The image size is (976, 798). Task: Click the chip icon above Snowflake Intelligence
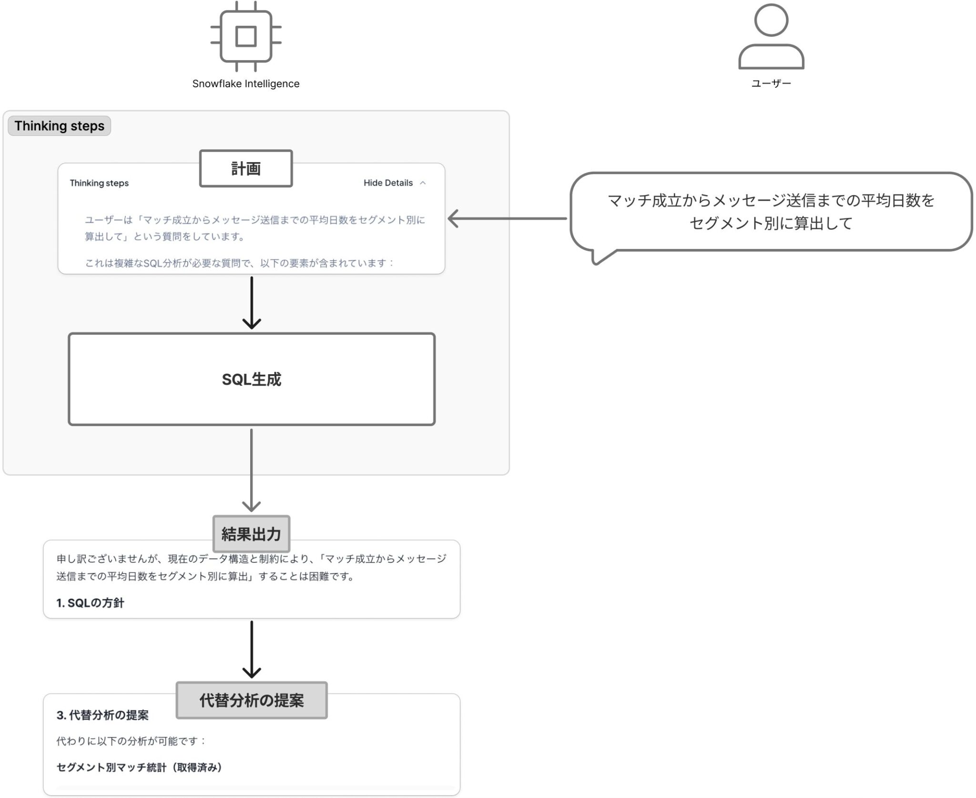[x=246, y=36]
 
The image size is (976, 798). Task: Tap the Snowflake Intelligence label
[x=246, y=84]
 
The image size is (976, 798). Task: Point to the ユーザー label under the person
[x=771, y=84]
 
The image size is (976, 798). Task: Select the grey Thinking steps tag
[x=60, y=126]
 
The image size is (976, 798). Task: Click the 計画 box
[x=246, y=168]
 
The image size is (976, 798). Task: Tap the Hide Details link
[x=388, y=183]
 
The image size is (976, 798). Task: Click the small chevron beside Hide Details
[x=423, y=183]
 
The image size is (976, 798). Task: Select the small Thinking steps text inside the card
[x=99, y=183]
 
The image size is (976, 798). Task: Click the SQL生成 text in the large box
[x=252, y=379]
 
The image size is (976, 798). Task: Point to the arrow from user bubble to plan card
[x=508, y=219]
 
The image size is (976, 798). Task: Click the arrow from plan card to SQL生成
[x=252, y=303]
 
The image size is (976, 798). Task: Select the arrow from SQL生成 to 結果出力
[x=252, y=470]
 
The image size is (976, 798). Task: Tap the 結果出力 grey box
[x=251, y=534]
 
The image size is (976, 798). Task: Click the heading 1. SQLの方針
[x=90, y=603]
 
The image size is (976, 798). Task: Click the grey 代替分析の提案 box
[x=252, y=700]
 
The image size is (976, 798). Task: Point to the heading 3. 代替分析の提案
[x=102, y=715]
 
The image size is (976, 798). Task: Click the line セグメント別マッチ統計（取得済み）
[x=140, y=767]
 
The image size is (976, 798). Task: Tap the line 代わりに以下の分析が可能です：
[x=131, y=741]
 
